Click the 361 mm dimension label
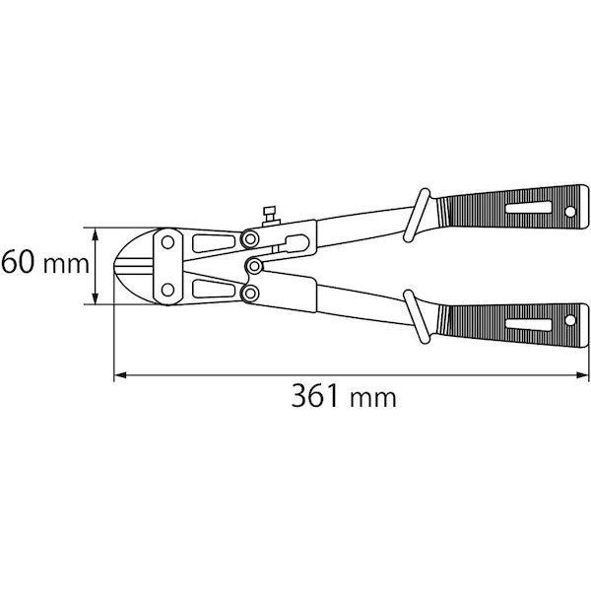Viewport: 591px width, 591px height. click(x=344, y=396)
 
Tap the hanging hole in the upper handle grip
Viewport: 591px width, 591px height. click(x=570, y=212)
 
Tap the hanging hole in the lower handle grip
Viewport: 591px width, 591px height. click(x=570, y=320)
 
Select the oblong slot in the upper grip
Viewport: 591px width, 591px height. click(x=528, y=208)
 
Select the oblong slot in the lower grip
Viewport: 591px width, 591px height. click(x=528, y=325)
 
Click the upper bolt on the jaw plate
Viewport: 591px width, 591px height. click(x=167, y=242)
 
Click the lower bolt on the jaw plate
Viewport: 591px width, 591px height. click(x=167, y=290)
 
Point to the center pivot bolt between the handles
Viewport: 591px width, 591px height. click(x=254, y=266)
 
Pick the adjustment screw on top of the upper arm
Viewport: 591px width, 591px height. click(x=270, y=217)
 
